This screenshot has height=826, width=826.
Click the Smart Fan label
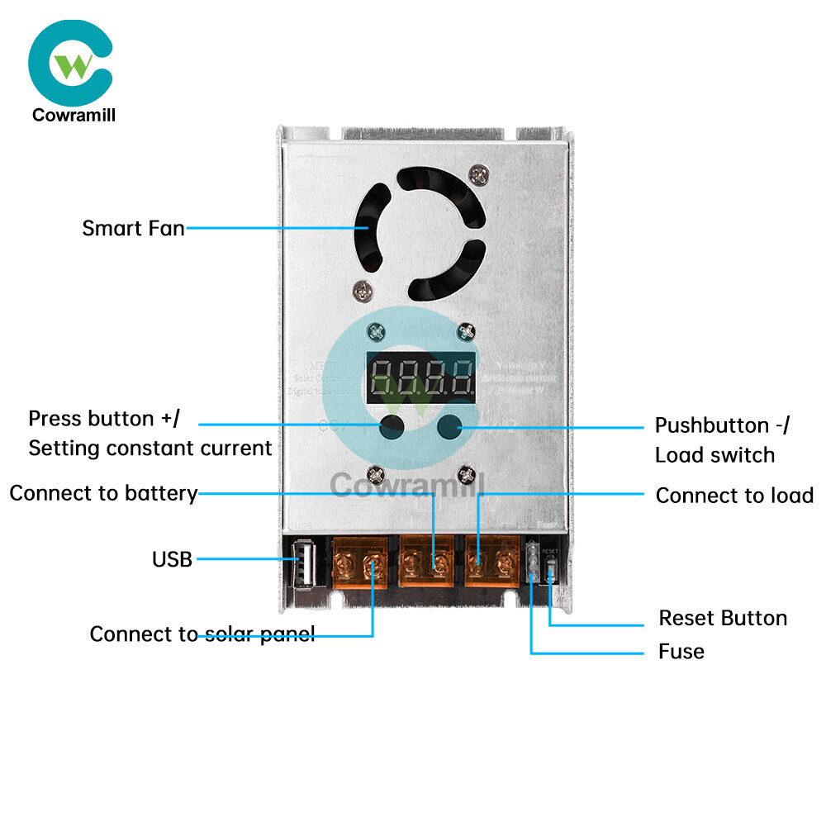pos(133,228)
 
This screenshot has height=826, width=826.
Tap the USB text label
pos(172,560)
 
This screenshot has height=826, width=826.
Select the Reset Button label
pos(722,619)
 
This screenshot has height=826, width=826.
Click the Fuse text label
pos(681,652)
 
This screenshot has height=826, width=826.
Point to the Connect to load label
pos(734,496)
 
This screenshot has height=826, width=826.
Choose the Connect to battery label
pos(103,494)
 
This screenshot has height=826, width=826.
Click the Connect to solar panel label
pos(202,634)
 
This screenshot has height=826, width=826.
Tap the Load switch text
pos(714,455)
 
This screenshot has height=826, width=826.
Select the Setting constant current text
pos(150,449)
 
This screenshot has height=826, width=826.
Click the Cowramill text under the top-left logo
pos(74,115)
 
